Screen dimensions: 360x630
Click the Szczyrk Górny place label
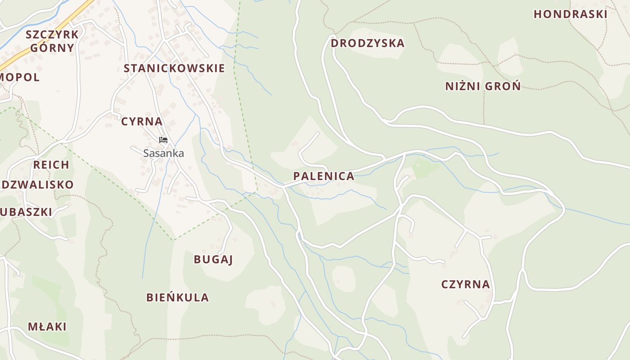[x=52, y=41]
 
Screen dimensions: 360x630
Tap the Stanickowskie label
[x=174, y=68]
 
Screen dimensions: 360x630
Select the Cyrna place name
[x=142, y=121]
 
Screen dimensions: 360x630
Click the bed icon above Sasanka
[x=163, y=140]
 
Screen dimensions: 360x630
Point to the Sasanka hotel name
[x=163, y=153]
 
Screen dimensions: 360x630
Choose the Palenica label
[x=324, y=176]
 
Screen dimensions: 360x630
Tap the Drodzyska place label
[x=367, y=44]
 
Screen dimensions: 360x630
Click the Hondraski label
[x=570, y=14]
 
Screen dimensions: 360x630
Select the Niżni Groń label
[x=483, y=86]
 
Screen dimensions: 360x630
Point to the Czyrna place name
[x=465, y=284]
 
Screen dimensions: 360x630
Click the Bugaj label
[x=213, y=260]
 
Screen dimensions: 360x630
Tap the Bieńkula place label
[x=177, y=297]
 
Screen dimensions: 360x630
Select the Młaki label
[x=47, y=327]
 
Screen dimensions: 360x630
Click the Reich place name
[x=51, y=165]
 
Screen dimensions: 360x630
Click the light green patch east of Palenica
[x=425, y=168]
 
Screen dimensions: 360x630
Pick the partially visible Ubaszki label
[x=26, y=212]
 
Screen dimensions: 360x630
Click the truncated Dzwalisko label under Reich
[x=37, y=185]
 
